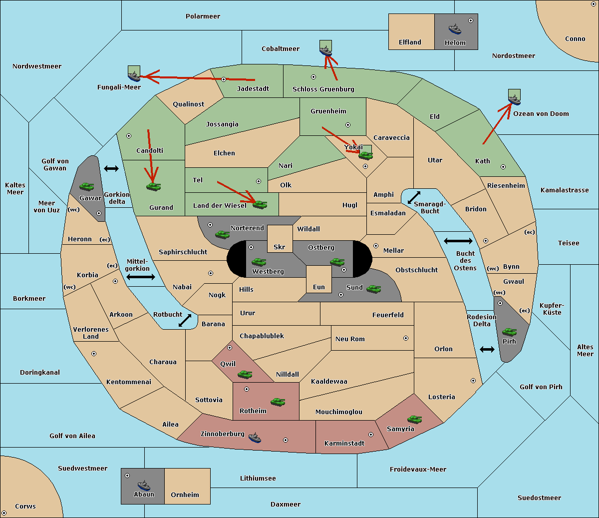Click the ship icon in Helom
pyautogui.click(x=455, y=29)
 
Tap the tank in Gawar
pyautogui.click(x=87, y=186)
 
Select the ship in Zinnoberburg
pyautogui.click(x=255, y=438)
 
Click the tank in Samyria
pyautogui.click(x=414, y=420)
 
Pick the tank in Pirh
pyautogui.click(x=509, y=332)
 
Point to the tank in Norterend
pyautogui.click(x=222, y=234)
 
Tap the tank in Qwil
pyautogui.click(x=245, y=375)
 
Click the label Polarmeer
pyautogui.click(x=203, y=16)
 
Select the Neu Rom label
pyautogui.click(x=350, y=339)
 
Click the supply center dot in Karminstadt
pyautogui.click(x=371, y=435)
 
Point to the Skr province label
pyautogui.click(x=280, y=247)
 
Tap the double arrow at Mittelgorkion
pyautogui.click(x=141, y=277)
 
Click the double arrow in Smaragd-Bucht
pyautogui.click(x=414, y=197)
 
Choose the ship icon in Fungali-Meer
pyautogui.click(x=134, y=76)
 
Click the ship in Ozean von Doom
pyautogui.click(x=514, y=99)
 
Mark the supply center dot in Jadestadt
pyautogui.click(x=224, y=79)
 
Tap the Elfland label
pyautogui.click(x=410, y=42)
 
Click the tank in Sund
pyautogui.click(x=373, y=289)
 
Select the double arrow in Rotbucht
pyautogui.click(x=185, y=320)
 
